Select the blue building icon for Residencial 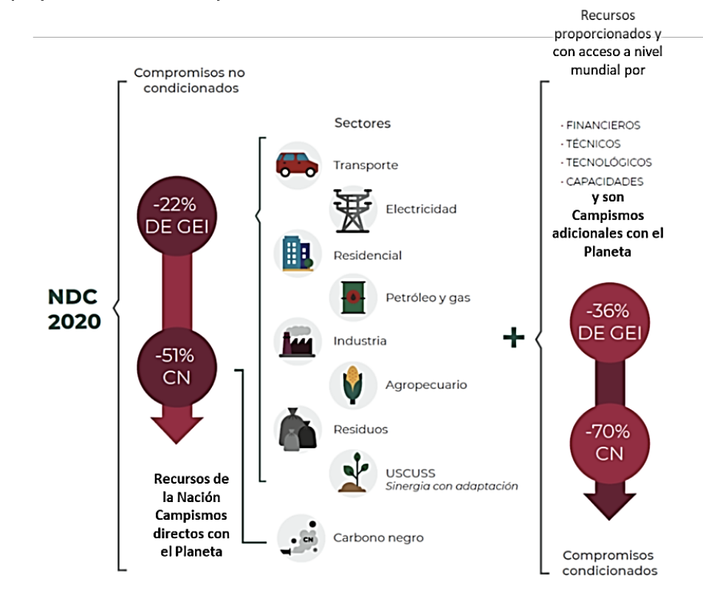pyautogui.click(x=296, y=254)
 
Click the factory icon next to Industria pyautogui.click(x=296, y=341)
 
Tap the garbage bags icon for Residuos pyautogui.click(x=296, y=429)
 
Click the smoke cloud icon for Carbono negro pyautogui.click(x=298, y=538)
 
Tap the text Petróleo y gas pyautogui.click(x=428, y=298)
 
